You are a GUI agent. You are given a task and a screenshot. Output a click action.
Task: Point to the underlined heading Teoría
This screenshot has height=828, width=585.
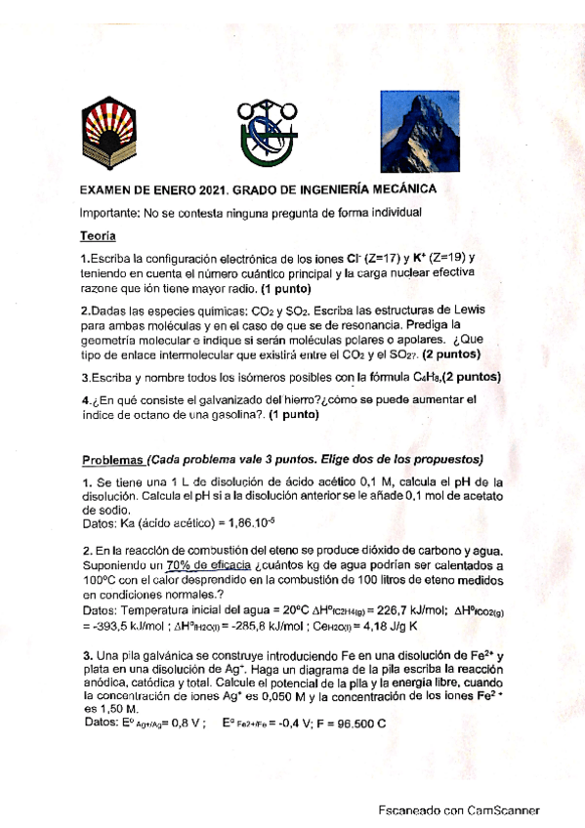click(98, 235)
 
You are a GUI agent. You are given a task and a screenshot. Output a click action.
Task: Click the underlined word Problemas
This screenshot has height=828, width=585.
click(111, 459)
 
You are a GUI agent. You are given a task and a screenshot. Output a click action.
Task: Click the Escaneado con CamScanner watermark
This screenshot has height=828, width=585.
click(459, 809)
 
